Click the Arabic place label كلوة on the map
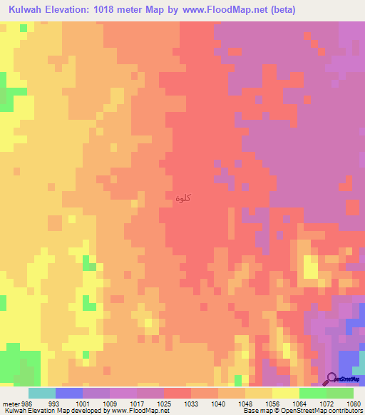point(182,198)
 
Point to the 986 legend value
point(26,403)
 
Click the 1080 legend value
point(354,403)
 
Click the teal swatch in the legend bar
point(41,392)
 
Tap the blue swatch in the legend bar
point(68,392)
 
